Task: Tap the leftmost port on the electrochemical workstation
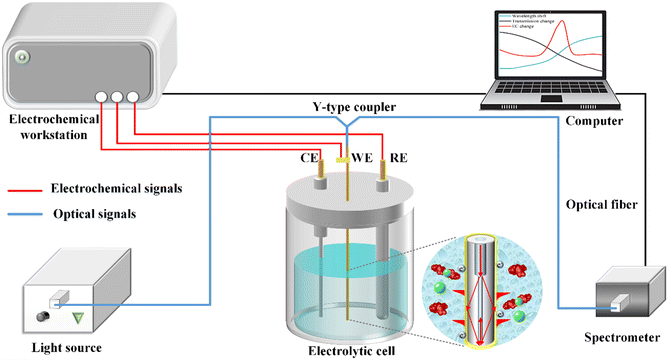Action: tap(103, 98)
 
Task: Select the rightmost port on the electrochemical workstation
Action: tap(135, 98)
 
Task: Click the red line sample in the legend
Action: tap(30, 187)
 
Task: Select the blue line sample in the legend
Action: tap(30, 214)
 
